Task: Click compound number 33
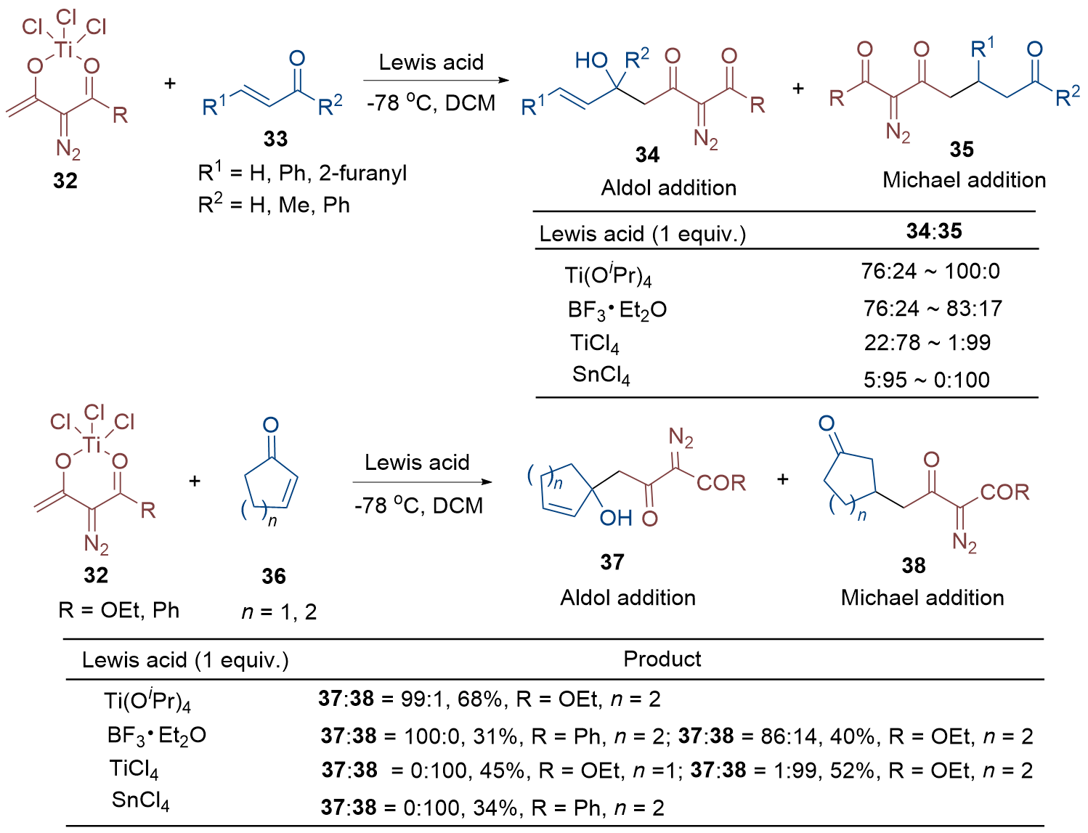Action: pos(275,139)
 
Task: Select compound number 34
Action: pos(647,155)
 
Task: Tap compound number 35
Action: pos(961,150)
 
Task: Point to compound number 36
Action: pos(274,577)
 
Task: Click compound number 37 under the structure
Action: pos(612,562)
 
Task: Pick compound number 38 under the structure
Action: pos(914,566)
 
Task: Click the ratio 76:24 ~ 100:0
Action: pos(930,272)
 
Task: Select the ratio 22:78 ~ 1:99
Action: pos(927,343)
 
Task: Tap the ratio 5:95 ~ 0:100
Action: pos(927,380)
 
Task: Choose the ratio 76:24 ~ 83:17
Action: pos(933,309)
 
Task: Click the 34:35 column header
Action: pos(934,232)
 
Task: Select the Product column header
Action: pos(662,659)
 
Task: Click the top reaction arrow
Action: pos(436,80)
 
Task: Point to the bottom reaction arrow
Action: pos(421,482)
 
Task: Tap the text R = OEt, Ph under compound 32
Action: pos(119,610)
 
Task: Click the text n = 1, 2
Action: pos(279,612)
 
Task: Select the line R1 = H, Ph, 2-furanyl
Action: pos(302,174)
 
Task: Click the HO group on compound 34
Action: pos(591,60)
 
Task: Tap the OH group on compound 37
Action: pos(616,519)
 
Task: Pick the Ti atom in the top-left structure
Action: pos(65,49)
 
